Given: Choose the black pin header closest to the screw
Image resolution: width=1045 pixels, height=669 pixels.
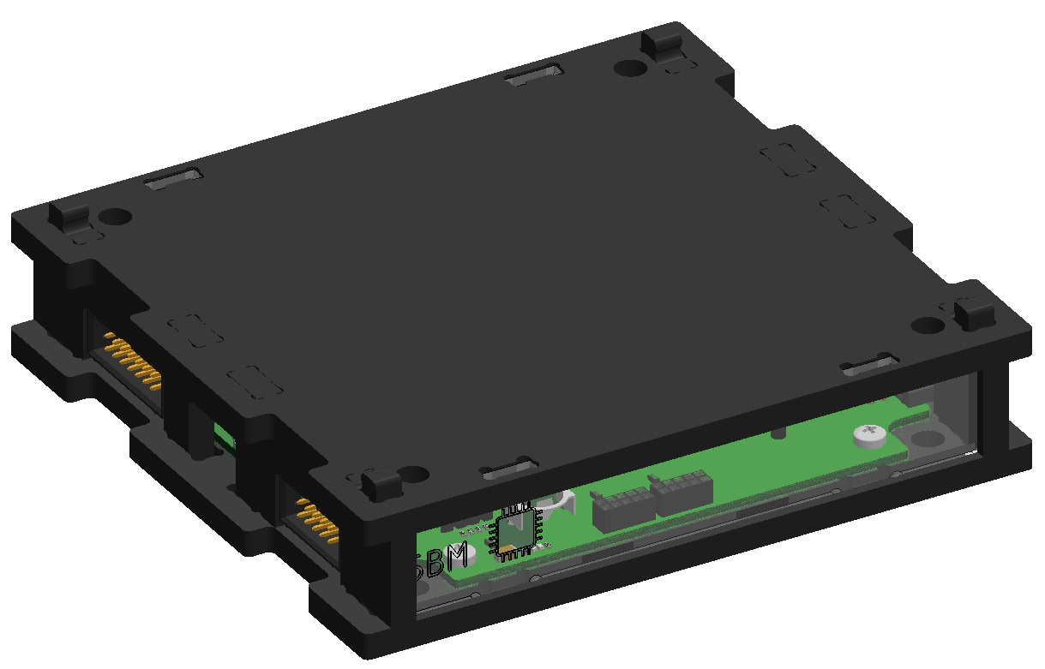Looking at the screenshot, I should [x=682, y=494].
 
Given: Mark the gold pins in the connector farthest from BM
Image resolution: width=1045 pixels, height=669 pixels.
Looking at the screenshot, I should [x=134, y=363].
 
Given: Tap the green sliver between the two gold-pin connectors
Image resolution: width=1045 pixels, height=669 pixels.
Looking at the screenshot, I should [x=225, y=435].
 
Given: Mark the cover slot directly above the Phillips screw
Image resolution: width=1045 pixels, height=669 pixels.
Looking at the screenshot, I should [x=868, y=366].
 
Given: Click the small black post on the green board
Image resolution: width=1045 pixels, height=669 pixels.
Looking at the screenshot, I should [x=778, y=432].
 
